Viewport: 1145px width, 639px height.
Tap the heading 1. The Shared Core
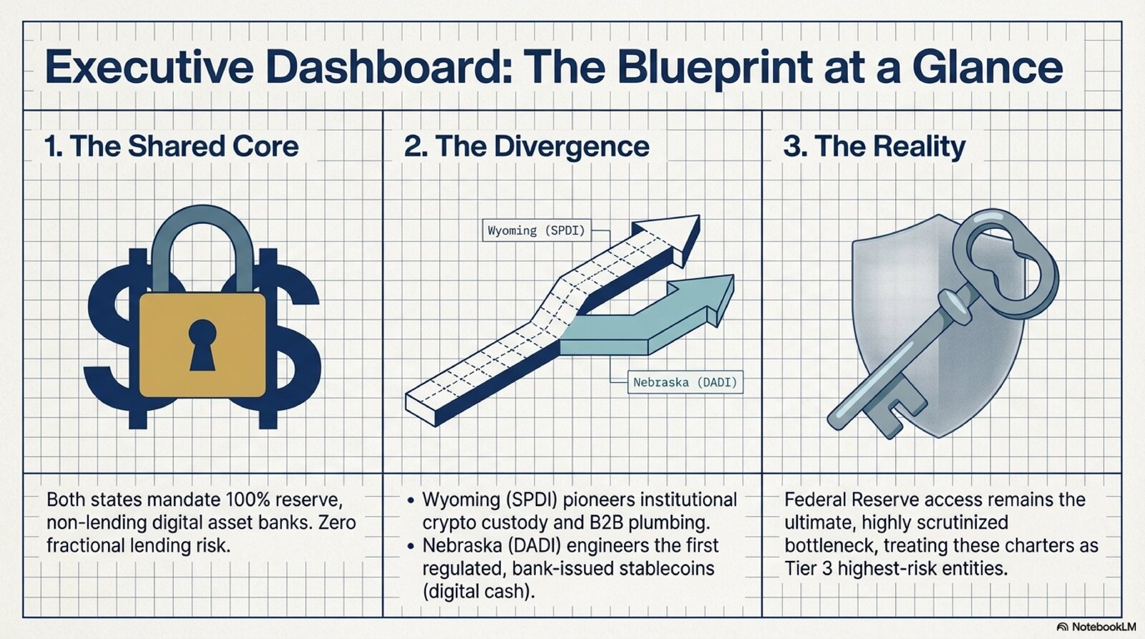(x=172, y=146)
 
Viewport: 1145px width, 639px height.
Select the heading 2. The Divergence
(x=527, y=146)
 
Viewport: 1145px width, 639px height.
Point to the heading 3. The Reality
(x=874, y=147)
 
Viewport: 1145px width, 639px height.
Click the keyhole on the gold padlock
(x=203, y=345)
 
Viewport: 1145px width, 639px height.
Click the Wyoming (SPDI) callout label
(x=536, y=230)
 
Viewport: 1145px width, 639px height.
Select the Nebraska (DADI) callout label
(x=685, y=382)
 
